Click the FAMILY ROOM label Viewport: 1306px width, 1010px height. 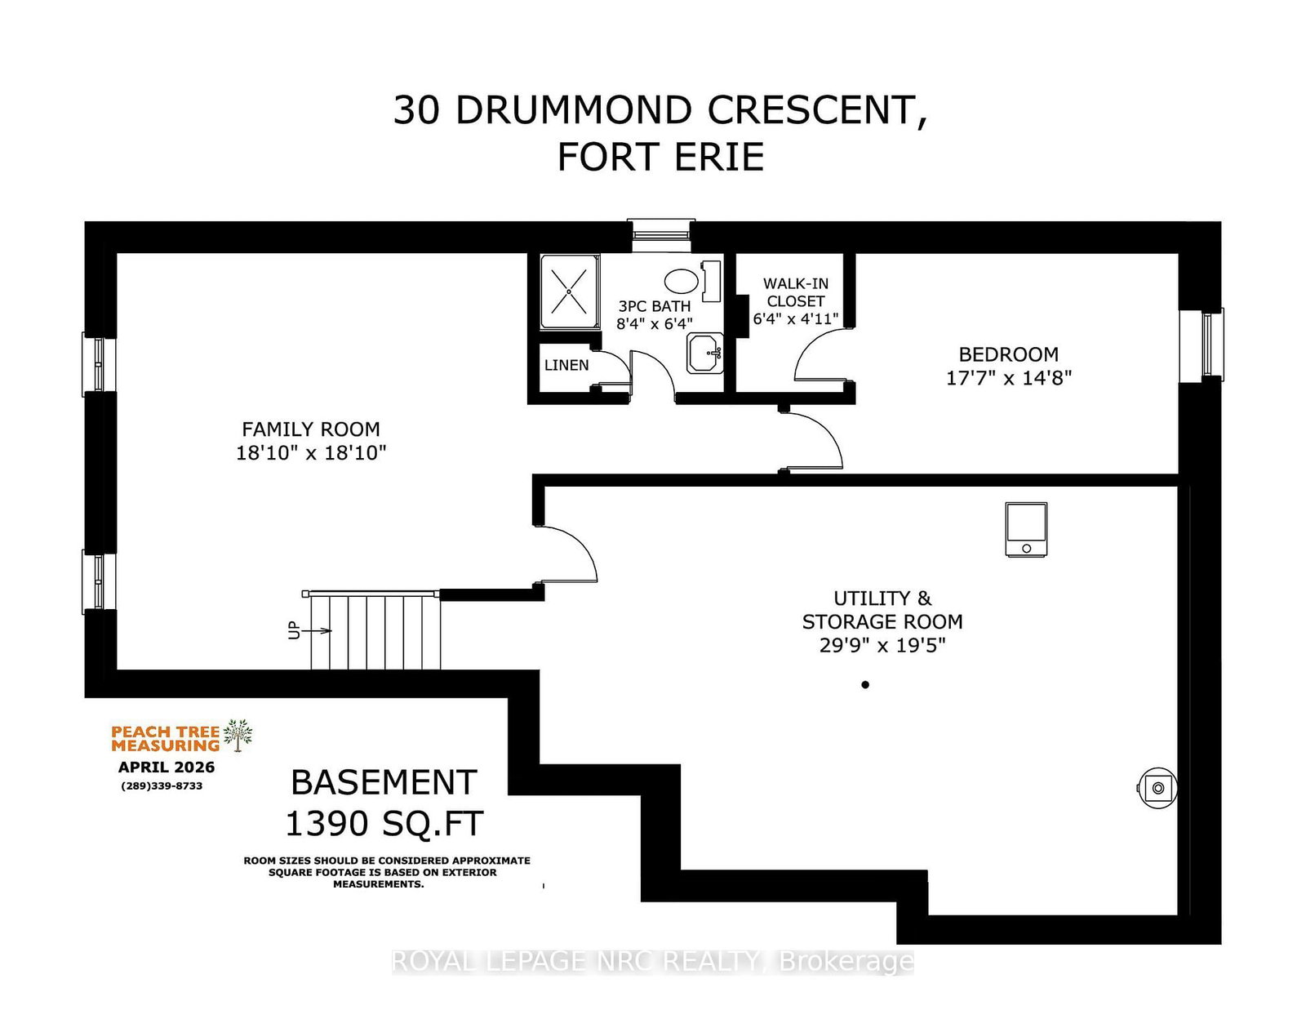311,429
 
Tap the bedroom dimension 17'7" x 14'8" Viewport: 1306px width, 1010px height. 1009,377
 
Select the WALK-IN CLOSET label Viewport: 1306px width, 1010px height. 795,292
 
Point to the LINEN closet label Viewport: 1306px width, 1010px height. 566,365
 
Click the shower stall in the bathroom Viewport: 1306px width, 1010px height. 570,291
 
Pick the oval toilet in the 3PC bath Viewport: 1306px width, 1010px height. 681,280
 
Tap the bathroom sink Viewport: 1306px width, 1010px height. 705,354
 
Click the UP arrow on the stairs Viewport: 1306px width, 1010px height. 317,630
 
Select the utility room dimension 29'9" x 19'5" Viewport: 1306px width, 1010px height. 882,645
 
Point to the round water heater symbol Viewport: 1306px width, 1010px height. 1157,788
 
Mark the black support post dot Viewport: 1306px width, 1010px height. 865,685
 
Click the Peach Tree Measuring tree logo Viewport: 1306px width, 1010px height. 238,736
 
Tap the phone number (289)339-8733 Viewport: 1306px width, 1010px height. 162,785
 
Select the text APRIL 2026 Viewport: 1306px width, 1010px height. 167,768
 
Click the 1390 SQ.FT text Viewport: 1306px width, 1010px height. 384,824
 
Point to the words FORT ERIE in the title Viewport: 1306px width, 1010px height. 660,157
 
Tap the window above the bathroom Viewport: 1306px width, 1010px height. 660,235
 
